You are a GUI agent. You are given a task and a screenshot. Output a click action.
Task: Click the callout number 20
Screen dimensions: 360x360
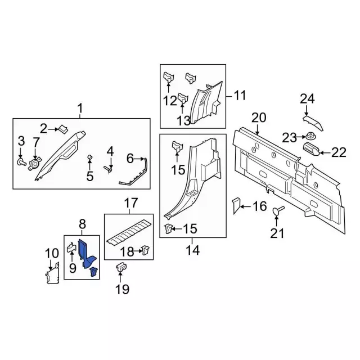coord(258,118)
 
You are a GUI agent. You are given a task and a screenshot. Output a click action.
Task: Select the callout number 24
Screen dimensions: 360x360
coord(307,100)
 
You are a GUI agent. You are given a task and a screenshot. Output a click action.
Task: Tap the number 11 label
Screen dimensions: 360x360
coord(240,96)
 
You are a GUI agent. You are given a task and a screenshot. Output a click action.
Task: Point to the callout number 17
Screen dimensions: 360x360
coord(130,202)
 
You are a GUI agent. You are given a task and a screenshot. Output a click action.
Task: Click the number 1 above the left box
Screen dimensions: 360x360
coord(80,108)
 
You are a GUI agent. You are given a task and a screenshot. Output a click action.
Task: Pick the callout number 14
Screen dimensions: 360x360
coord(192,251)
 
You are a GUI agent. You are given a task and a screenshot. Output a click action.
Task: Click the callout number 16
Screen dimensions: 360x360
coord(259,207)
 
